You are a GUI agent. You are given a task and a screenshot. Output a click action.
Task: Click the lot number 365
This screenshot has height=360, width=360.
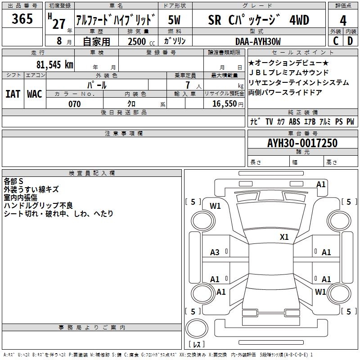point(22,19)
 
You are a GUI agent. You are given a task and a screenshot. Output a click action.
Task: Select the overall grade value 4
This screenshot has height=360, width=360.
point(343,20)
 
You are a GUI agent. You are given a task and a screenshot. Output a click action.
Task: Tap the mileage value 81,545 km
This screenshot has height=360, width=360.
point(54,64)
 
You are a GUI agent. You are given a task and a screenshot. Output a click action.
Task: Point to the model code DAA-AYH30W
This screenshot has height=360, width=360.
point(258,42)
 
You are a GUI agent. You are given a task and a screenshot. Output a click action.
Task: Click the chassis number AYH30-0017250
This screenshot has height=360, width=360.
point(302,143)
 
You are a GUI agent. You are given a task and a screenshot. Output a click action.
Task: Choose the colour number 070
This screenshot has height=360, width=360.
point(74,104)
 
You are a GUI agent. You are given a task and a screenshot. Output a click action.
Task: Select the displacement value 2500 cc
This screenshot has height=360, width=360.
point(137,42)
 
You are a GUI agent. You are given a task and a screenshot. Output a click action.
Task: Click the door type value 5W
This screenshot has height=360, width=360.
point(175,20)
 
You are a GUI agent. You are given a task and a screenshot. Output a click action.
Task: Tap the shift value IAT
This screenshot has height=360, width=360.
point(13,94)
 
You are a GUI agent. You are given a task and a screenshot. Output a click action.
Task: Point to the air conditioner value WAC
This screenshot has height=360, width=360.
point(35,94)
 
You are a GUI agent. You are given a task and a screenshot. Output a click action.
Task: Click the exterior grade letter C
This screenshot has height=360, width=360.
point(335,41)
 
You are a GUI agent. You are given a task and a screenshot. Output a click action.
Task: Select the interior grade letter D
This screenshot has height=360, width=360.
point(350,41)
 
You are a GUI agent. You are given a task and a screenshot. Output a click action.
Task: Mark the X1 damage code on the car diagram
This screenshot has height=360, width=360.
point(284,237)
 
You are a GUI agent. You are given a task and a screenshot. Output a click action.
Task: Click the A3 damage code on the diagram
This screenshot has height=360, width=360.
point(215,252)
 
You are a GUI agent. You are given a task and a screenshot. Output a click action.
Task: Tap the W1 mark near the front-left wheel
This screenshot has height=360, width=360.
point(215,206)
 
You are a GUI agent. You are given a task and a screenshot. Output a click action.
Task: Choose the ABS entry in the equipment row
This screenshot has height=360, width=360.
point(294,122)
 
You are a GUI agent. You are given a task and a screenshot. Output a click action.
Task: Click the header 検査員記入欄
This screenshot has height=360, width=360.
point(92,173)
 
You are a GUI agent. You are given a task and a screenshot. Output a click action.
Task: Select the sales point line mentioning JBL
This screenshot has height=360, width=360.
point(288,72)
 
